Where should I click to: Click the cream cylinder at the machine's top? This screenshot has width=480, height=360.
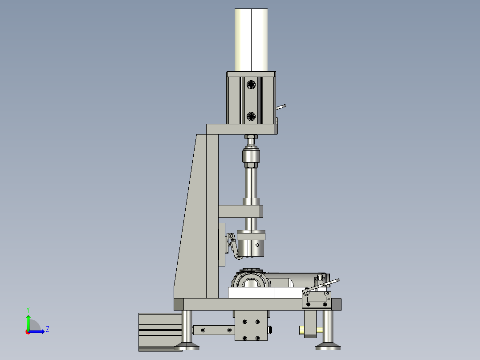[x=252, y=40]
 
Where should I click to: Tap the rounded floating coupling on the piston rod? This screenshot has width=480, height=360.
[x=251, y=156]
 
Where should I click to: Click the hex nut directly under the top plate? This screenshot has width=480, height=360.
[x=251, y=137]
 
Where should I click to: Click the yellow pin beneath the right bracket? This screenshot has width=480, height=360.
[x=303, y=330]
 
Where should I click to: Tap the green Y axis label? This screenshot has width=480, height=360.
[x=28, y=309]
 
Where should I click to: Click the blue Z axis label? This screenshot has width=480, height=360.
[x=47, y=329]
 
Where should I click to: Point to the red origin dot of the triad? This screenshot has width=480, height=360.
[x=28, y=331]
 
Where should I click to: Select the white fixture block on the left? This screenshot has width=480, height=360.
[x=251, y=293]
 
